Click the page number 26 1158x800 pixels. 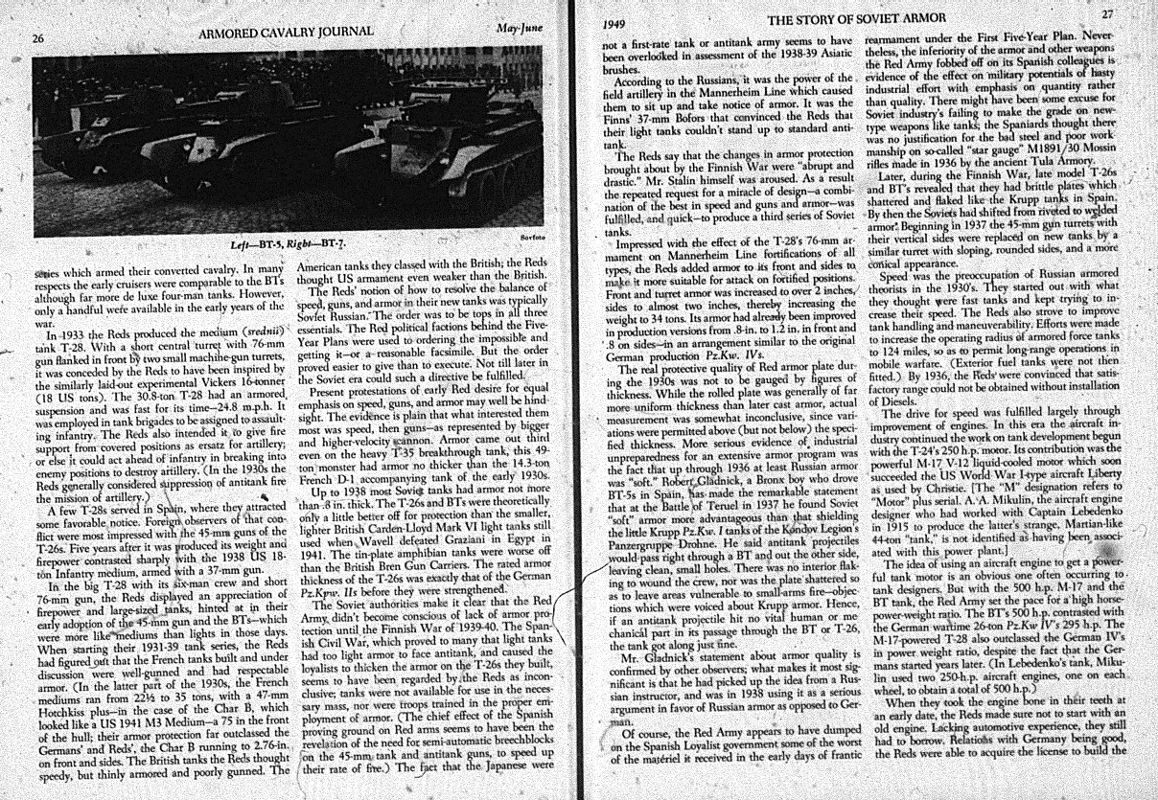click(x=38, y=37)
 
